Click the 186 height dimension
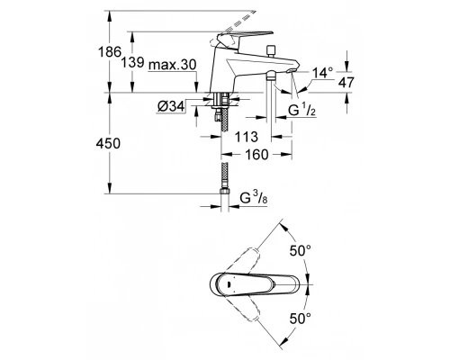(x=110, y=52)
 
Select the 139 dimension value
(x=132, y=63)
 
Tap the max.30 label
(x=173, y=65)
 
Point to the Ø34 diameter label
(x=171, y=106)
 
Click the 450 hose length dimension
(x=108, y=144)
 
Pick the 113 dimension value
(x=247, y=137)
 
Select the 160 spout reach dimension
(x=256, y=155)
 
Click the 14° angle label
(x=322, y=73)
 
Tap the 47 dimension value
(x=346, y=82)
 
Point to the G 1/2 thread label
(x=301, y=111)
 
